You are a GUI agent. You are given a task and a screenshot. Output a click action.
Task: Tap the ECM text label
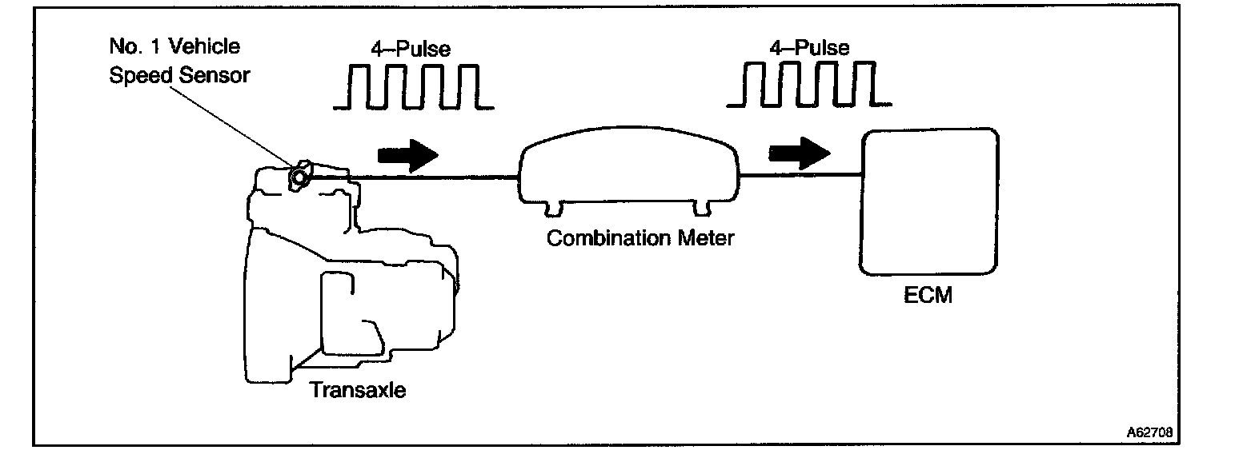[928, 296]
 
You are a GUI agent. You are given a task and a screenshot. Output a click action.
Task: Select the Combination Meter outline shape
[629, 173]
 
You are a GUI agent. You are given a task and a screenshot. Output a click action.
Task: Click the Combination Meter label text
[640, 237]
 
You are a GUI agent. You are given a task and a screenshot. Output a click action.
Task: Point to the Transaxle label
[358, 390]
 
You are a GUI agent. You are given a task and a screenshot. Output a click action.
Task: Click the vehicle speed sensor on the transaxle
[300, 174]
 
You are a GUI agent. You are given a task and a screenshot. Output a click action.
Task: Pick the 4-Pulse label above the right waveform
[810, 47]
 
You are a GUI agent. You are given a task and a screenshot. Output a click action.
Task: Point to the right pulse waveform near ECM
[808, 83]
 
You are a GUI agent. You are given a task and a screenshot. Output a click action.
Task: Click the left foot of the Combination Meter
[553, 209]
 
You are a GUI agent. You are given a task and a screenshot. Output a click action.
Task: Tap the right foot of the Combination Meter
[702, 209]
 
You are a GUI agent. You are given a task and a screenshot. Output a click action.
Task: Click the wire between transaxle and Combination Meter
[436, 176]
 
